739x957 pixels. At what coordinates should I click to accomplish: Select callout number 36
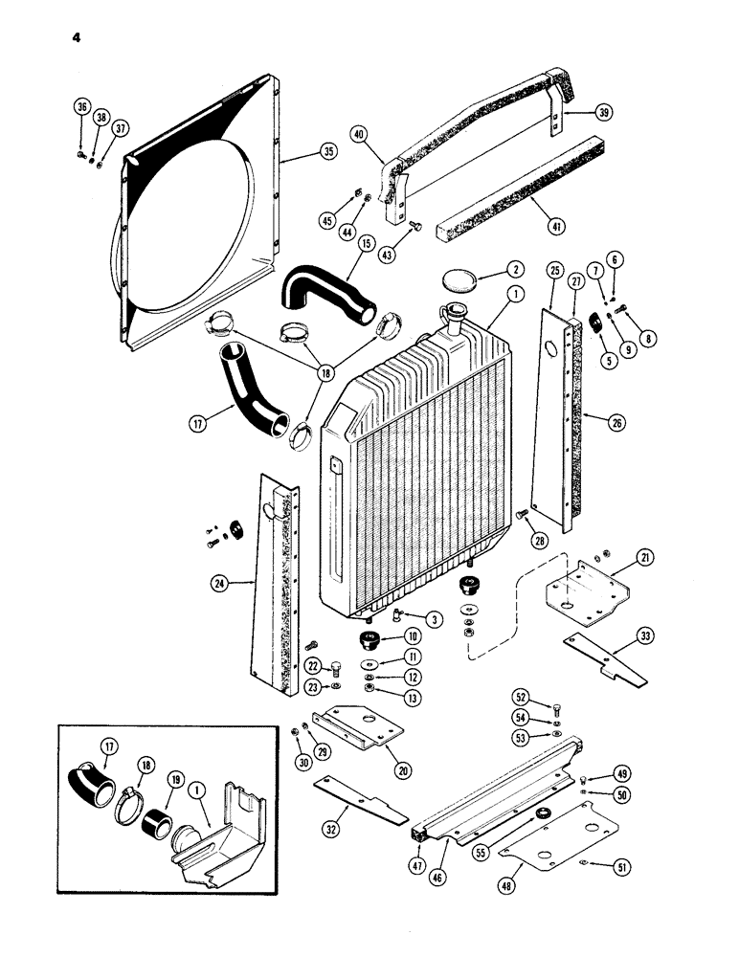(79, 106)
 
